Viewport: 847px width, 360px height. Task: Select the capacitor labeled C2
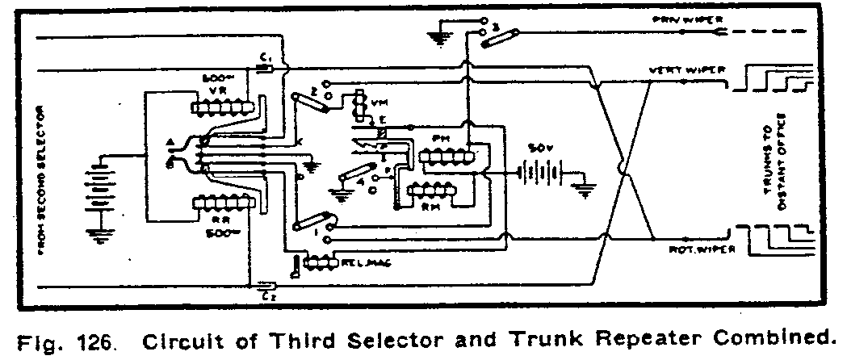[266, 284]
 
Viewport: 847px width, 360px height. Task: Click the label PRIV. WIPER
[675, 20]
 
